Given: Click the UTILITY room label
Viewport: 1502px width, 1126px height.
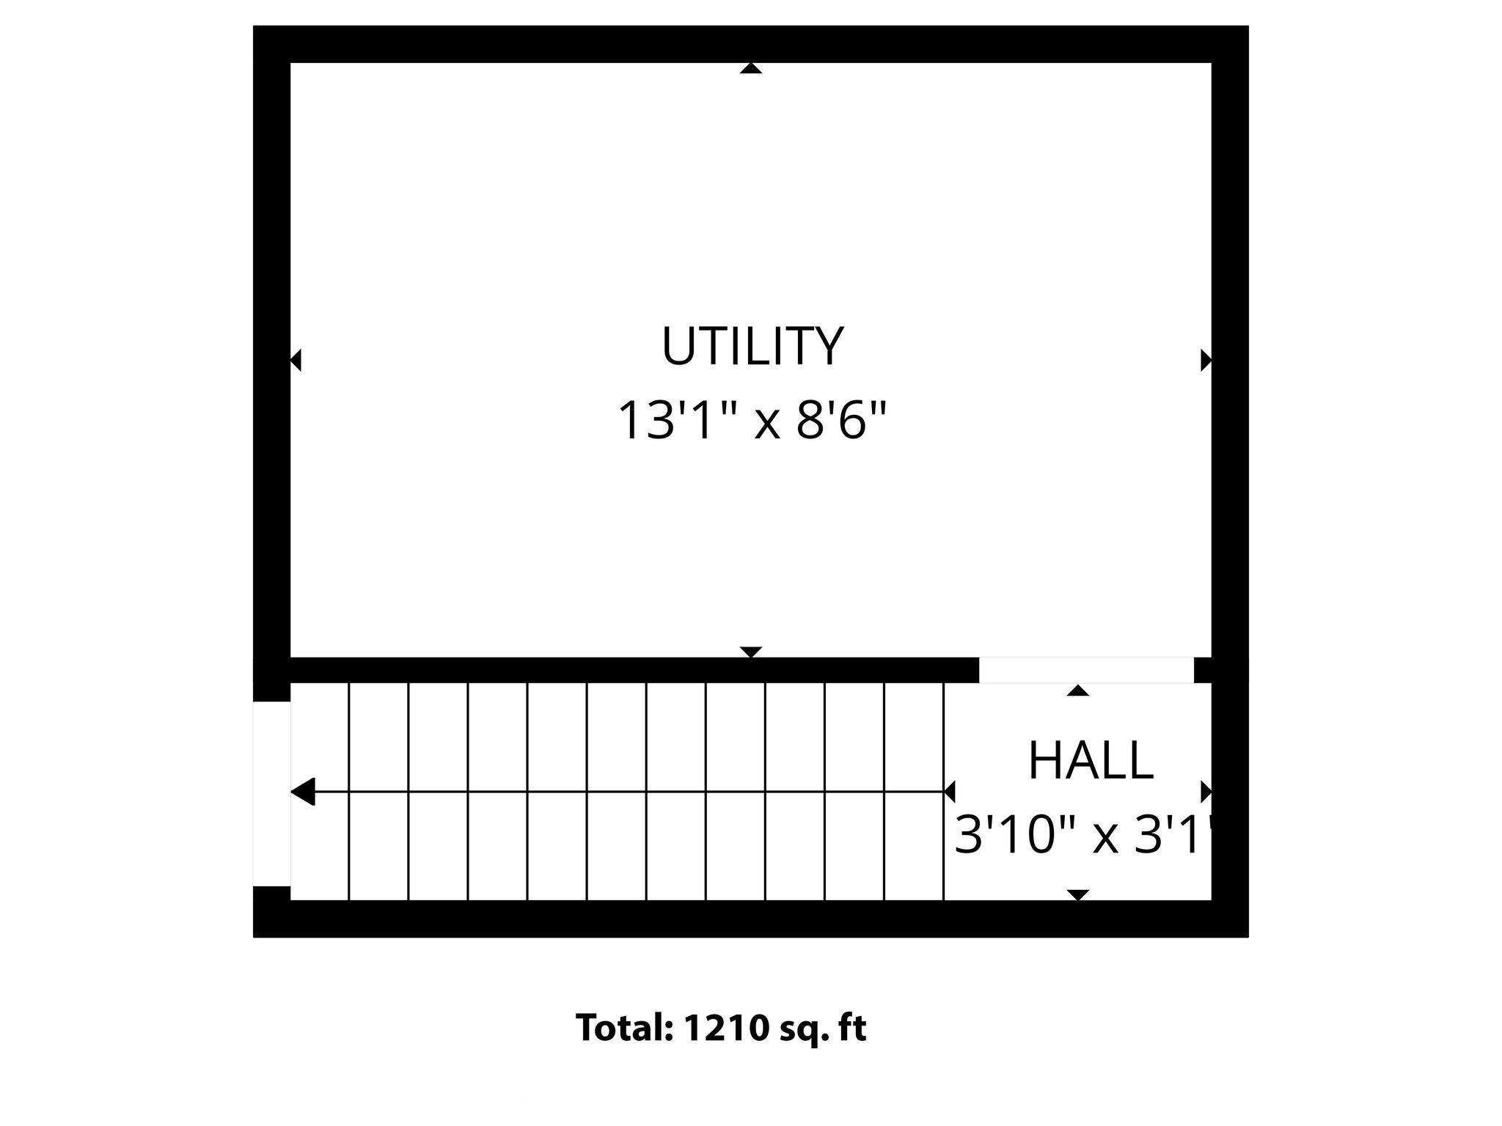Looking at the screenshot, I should point(752,346).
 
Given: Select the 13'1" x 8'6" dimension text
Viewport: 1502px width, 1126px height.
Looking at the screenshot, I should point(752,421).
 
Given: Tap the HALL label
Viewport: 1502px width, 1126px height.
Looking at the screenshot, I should point(1091,761).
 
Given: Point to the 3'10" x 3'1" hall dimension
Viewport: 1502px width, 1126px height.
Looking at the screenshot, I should point(1082,836).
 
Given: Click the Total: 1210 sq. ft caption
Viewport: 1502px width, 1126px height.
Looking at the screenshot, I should point(721,1028).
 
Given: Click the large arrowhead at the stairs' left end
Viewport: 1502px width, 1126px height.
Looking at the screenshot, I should point(304,792).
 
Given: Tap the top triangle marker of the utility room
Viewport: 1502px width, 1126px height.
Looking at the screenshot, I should point(751,69).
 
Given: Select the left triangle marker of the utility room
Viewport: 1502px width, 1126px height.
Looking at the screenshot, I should point(296,361).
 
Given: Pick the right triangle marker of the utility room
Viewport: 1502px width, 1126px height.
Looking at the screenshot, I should point(1206,361).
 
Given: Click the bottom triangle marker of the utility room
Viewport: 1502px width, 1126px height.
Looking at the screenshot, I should point(751,652).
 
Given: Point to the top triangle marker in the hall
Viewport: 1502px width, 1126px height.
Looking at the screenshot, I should point(1077,691).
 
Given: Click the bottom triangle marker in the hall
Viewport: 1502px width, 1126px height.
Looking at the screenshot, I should point(1077,894).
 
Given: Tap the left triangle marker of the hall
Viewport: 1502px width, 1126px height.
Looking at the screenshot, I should point(950,792).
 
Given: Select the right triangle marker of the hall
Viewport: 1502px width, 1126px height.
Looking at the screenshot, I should point(1206,792).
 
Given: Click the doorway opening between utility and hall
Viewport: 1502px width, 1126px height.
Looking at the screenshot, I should point(1086,670).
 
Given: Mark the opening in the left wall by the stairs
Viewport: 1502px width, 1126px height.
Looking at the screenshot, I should point(271,794).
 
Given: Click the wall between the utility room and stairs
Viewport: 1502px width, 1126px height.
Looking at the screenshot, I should point(631,670).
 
